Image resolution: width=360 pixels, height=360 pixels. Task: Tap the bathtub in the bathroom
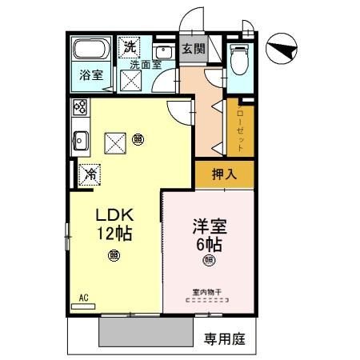pyautogui.click(x=90, y=50)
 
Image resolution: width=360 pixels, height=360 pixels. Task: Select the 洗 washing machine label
pyautogui.click(x=128, y=46)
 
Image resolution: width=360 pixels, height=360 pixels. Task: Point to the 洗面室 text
pyautogui.click(x=145, y=63)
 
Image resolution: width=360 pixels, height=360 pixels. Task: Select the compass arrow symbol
pyautogui.click(x=284, y=50)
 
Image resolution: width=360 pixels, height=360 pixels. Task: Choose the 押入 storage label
pyautogui.click(x=223, y=172)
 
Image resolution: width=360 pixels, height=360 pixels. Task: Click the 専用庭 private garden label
pyautogui.click(x=223, y=339)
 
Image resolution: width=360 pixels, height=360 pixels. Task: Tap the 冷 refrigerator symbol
pyautogui.click(x=90, y=171)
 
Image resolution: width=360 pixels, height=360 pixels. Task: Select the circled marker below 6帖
pyautogui.click(x=209, y=260)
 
